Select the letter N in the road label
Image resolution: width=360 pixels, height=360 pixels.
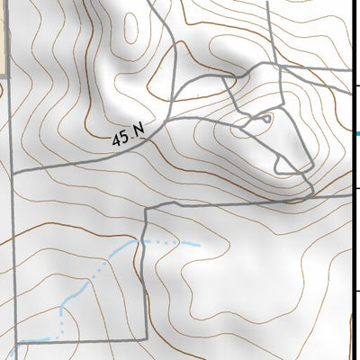(139, 131)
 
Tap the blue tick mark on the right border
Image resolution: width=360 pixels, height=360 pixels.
(358, 134)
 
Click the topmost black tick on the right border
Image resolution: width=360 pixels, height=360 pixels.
(358, 86)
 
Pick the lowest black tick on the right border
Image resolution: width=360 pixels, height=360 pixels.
(358, 291)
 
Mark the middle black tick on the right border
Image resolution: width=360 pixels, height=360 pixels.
(358, 188)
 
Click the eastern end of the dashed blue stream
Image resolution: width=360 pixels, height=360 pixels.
(197, 244)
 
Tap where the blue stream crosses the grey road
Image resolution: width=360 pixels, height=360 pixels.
(143, 241)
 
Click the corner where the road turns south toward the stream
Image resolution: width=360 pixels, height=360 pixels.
(144, 208)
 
